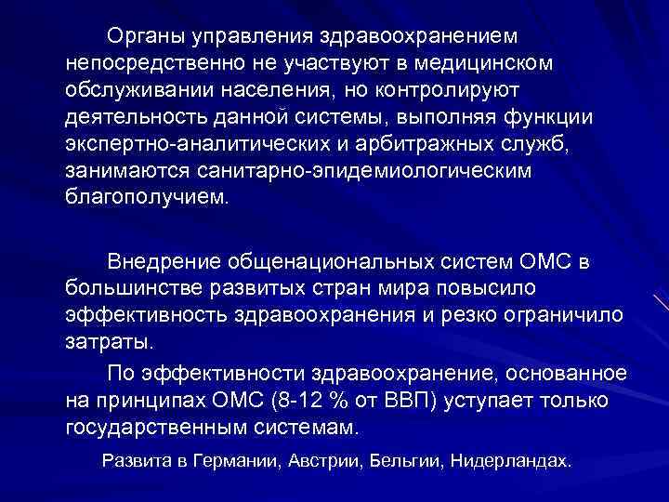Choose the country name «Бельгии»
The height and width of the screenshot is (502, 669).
[403, 462]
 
